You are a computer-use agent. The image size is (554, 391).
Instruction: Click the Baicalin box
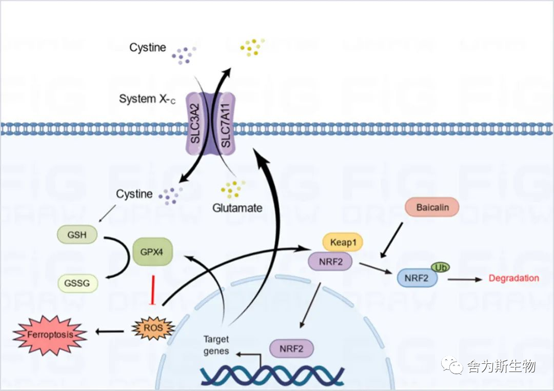point(432,207)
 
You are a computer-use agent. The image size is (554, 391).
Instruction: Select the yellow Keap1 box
point(343,242)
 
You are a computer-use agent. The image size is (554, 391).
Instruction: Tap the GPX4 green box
point(152,252)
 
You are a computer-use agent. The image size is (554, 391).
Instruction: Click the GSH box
point(77,234)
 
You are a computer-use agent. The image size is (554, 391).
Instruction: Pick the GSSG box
point(77,283)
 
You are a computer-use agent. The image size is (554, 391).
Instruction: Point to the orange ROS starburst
point(153,328)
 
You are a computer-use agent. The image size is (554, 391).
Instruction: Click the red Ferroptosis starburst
point(50,335)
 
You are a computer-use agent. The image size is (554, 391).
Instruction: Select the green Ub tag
point(440,268)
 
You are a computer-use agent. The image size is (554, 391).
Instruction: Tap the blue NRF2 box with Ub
point(417,278)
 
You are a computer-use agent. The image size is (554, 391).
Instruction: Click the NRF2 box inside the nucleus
point(291,348)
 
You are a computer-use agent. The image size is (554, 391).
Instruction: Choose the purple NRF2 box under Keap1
point(330,262)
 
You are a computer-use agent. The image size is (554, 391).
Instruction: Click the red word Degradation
point(513,278)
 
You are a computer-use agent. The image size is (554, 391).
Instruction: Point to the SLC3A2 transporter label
point(195,124)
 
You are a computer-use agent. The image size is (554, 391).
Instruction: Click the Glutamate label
point(238,208)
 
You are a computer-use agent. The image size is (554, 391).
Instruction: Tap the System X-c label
point(147,99)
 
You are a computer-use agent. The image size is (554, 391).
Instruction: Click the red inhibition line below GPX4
point(153,290)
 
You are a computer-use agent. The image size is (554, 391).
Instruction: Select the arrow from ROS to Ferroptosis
point(110,331)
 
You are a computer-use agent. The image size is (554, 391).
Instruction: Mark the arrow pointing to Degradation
point(465,280)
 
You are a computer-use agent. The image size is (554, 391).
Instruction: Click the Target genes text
point(216,345)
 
